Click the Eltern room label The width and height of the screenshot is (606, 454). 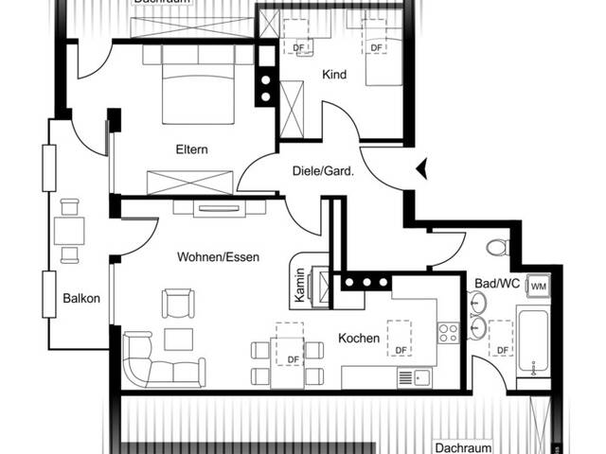(191, 149)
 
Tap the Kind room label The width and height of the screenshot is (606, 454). (334, 75)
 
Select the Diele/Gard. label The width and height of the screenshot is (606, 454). (323, 171)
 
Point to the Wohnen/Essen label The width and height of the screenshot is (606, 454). (218, 256)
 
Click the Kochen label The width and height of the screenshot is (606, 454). (359, 338)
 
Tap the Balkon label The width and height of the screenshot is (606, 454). (81, 298)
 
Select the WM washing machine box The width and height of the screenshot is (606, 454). (538, 286)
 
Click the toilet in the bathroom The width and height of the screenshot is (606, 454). (498, 249)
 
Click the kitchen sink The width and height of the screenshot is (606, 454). (413, 377)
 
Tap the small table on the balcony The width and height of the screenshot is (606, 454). (69, 230)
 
